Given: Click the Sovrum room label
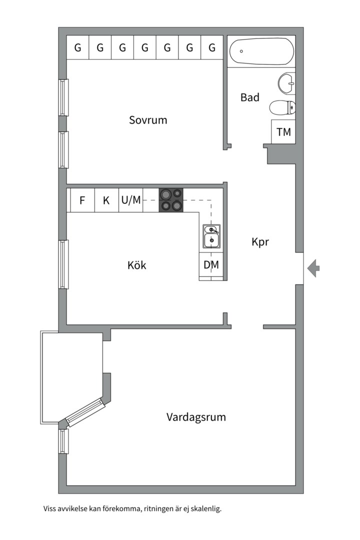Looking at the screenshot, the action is point(148,120).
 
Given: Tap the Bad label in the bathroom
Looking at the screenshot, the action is point(250,97).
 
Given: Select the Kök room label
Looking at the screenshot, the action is point(137,265).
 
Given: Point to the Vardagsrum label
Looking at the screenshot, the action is point(196,417).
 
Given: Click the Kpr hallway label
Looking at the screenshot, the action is point(260,242).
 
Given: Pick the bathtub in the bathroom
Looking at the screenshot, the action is point(261,51).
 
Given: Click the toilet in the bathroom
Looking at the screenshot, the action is point(282,108).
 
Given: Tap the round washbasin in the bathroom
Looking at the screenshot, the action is point(286,83).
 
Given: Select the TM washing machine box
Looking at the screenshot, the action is point(283,132).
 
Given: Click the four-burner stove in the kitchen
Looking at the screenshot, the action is point(171,200).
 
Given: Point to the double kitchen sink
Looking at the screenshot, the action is point(211,236).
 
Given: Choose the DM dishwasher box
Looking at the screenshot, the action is point(211,265).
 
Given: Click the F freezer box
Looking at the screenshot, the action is point(82,200).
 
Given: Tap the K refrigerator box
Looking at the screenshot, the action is point(106,200).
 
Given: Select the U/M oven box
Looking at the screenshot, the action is point(131,200).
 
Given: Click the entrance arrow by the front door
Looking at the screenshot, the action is point(313,268).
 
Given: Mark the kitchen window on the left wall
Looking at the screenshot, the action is point(63,264).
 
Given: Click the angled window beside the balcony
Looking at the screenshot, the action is point(84,412).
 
